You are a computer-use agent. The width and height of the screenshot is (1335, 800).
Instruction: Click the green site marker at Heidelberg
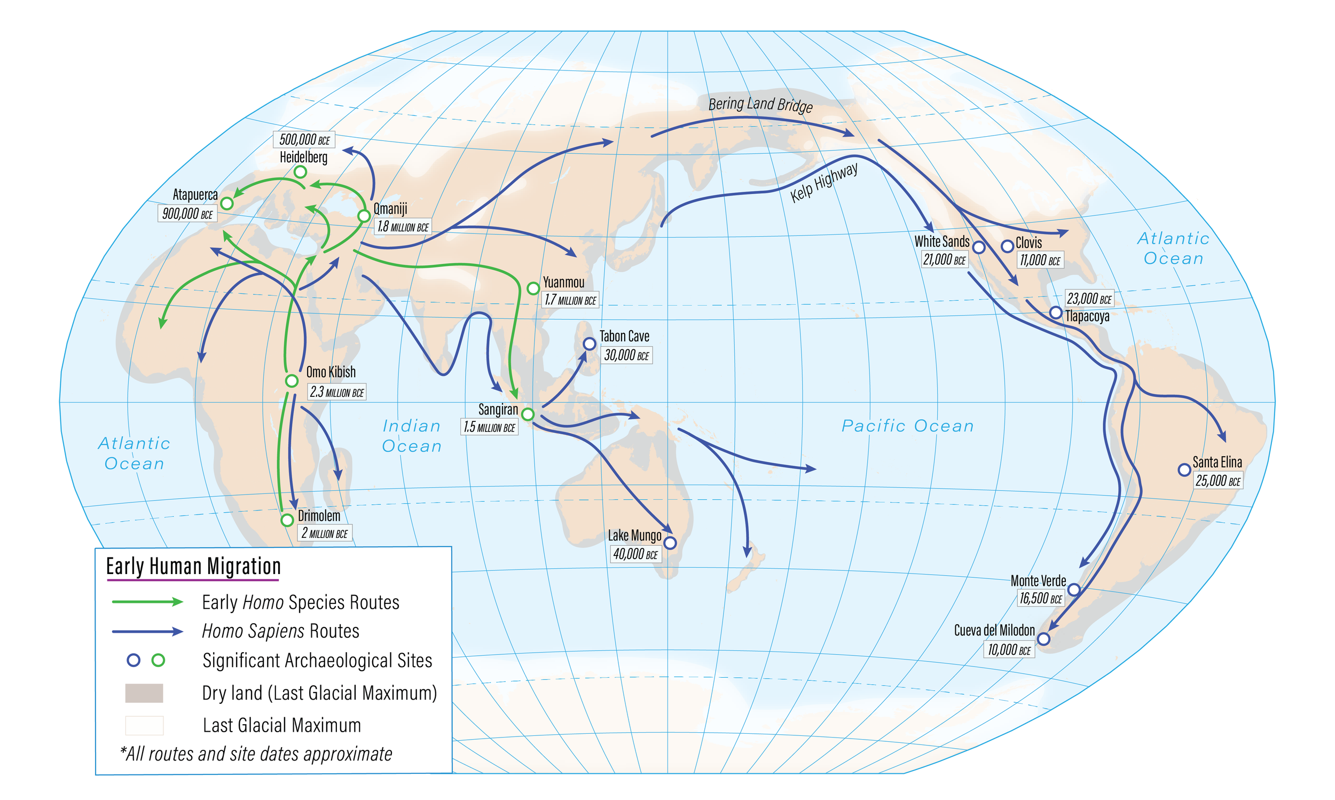point(300,172)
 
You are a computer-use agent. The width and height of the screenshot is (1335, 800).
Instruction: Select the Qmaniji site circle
point(364,216)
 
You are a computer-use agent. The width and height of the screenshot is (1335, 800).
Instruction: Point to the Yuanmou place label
point(563,282)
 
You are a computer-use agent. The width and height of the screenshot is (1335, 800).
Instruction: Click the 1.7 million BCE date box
point(570,300)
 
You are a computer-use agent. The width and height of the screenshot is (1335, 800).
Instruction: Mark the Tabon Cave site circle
point(590,343)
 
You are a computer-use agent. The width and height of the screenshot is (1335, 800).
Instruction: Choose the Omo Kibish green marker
point(292,381)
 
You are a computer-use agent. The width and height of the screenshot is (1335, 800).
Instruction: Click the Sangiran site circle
point(528,414)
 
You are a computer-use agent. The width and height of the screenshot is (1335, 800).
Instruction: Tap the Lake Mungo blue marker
point(670,543)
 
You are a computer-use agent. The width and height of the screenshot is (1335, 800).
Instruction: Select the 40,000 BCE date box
point(635,554)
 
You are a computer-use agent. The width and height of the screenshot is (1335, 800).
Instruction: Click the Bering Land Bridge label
point(760,104)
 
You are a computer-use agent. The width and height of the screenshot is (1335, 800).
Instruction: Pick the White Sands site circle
point(979,247)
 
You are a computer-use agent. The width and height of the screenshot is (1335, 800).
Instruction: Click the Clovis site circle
point(1007,246)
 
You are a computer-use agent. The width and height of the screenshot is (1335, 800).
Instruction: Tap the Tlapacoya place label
point(1087,316)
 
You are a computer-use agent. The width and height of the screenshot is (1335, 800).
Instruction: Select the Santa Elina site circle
point(1184,469)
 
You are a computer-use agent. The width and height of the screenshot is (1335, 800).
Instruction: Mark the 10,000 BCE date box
point(1009,649)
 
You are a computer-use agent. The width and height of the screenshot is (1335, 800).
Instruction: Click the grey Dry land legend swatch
point(144,693)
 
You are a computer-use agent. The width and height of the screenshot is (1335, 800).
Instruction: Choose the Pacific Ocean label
point(908,426)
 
